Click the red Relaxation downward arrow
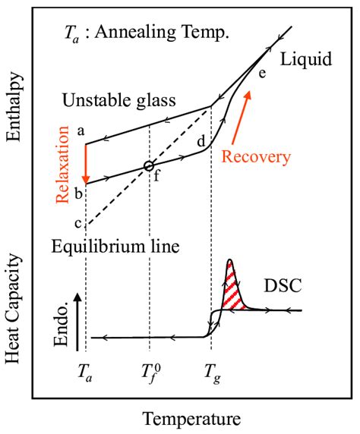[x=86, y=162]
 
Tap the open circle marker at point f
[x=149, y=165]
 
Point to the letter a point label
[x=78, y=131]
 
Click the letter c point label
[x=77, y=221]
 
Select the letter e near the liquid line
[x=262, y=73]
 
